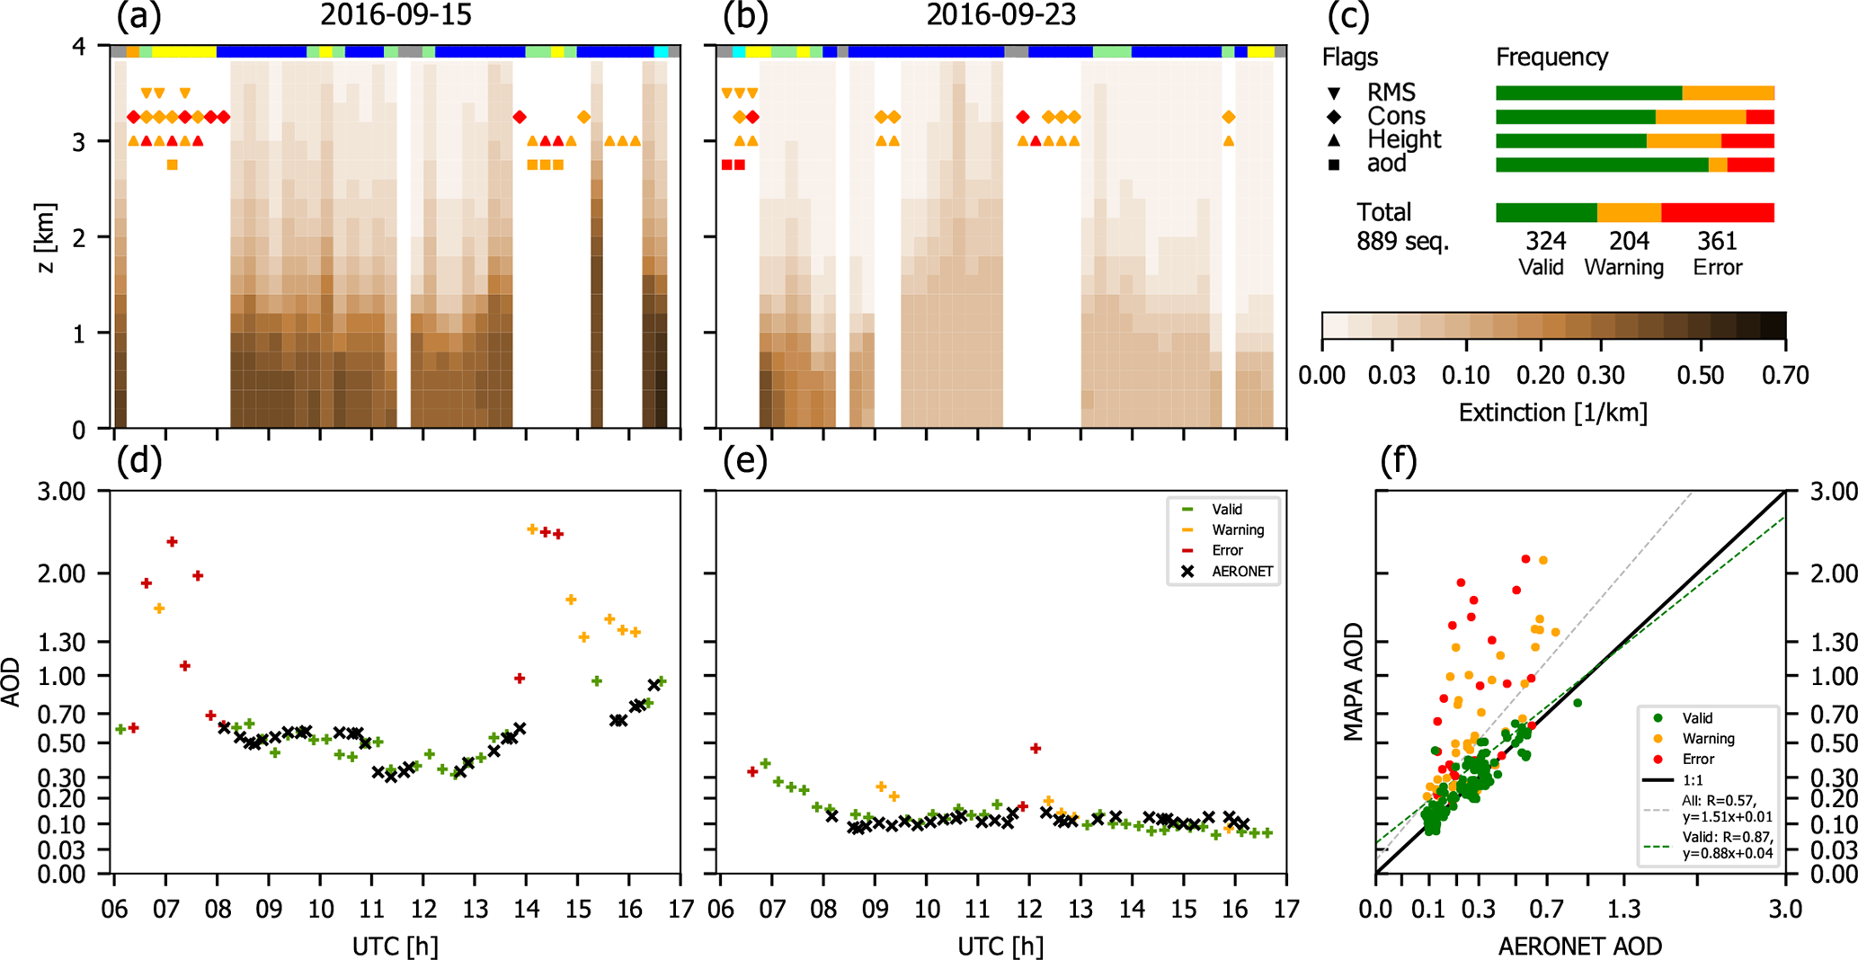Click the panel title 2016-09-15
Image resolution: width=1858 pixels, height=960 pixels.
[396, 15]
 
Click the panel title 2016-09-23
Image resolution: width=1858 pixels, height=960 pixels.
[1000, 15]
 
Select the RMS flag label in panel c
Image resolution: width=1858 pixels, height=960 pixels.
[1391, 92]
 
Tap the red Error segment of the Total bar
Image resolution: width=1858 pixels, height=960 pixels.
[1717, 212]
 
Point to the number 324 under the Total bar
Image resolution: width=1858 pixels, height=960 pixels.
[1545, 241]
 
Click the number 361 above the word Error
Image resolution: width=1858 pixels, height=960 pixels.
[1717, 241]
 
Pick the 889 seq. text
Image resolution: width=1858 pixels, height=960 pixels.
[1402, 241]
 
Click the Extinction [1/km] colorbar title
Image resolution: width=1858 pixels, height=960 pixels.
[1552, 413]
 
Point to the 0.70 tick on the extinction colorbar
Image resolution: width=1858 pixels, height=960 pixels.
[1784, 375]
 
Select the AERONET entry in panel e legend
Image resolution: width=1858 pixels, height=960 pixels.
[1241, 572]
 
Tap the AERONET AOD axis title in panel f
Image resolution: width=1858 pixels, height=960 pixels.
[1579, 946]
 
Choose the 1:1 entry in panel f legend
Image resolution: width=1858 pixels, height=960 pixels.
[1693, 780]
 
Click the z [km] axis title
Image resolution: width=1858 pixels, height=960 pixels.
[46, 237]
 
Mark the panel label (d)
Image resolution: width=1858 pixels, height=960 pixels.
[139, 460]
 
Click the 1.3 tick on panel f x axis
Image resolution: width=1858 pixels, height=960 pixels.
[1623, 910]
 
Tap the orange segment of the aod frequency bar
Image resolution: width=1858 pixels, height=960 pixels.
[1717, 164]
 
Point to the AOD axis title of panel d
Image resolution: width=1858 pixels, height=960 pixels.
[12, 681]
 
